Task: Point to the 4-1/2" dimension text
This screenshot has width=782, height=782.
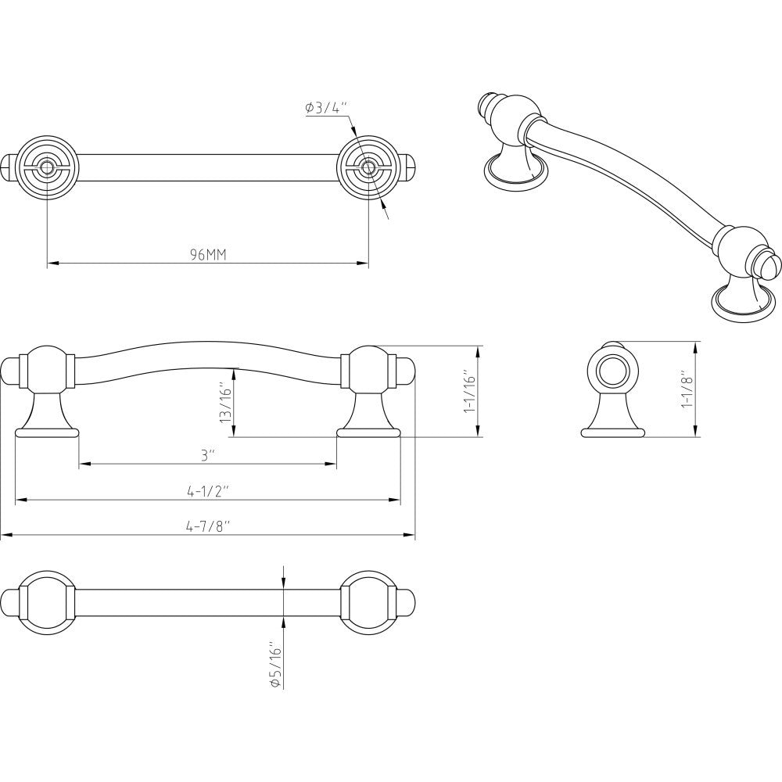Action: pyautogui.click(x=207, y=491)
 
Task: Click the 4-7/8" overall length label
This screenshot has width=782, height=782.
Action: pyautogui.click(x=207, y=527)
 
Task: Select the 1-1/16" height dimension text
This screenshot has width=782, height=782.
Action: pyautogui.click(x=469, y=391)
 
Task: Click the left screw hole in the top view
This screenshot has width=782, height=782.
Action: pyautogui.click(x=48, y=167)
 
